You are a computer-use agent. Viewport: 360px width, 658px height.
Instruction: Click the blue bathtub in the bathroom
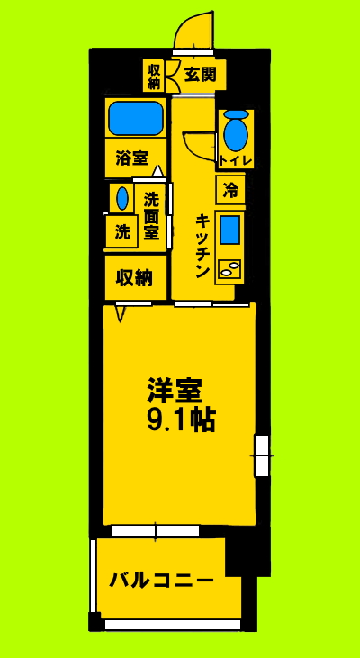tap(136, 118)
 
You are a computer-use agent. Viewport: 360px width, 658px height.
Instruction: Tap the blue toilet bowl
tap(236, 132)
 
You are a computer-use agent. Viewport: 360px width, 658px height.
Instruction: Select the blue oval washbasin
tap(121, 198)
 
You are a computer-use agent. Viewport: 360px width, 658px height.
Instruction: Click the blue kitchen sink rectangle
tap(229, 230)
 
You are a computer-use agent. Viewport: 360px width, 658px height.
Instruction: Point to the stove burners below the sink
tap(229, 268)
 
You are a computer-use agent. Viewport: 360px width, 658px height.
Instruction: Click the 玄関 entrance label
tap(200, 75)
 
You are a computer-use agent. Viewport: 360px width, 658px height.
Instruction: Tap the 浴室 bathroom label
tap(132, 159)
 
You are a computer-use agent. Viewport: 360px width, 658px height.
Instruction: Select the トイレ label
tap(236, 160)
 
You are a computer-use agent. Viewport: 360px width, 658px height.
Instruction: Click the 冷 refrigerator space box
tap(230, 190)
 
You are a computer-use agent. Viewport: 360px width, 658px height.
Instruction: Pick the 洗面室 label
tap(151, 216)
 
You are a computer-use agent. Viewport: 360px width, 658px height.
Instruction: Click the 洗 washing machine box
tap(121, 231)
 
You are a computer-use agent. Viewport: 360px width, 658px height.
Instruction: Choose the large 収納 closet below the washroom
tap(134, 278)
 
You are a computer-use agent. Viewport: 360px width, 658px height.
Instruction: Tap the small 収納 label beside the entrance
tap(154, 76)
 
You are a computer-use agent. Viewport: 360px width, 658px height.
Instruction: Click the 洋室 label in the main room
tap(175, 390)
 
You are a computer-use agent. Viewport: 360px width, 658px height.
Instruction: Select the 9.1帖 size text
tap(181, 420)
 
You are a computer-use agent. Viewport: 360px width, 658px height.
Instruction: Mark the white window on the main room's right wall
tap(261, 455)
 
